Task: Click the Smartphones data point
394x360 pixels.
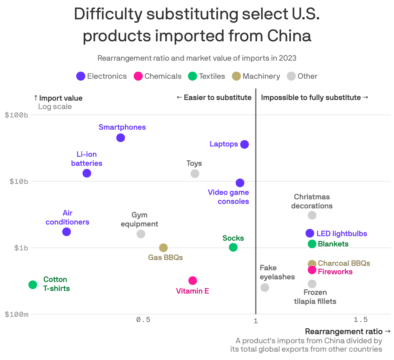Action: (120, 138)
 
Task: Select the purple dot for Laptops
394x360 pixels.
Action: (244, 144)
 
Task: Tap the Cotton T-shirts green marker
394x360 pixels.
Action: (33, 285)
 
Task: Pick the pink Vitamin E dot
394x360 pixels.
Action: (192, 280)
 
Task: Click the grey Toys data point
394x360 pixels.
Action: (195, 174)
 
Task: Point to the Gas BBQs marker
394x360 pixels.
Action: (163, 248)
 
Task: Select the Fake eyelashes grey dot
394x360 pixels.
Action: (264, 287)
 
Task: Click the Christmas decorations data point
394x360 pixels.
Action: (312, 215)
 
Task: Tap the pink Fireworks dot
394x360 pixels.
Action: (312, 270)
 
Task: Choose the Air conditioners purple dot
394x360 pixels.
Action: (67, 232)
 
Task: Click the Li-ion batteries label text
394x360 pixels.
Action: (87, 159)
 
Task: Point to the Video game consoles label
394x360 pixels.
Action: (228, 197)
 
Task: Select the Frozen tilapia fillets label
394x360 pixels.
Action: (315, 297)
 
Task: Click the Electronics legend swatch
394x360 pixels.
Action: (81, 76)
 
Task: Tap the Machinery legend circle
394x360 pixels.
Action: (236, 76)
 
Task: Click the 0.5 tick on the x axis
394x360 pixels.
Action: (143, 320)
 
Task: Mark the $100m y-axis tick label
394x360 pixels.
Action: (16, 314)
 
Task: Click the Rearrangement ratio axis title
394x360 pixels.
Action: (344, 332)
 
